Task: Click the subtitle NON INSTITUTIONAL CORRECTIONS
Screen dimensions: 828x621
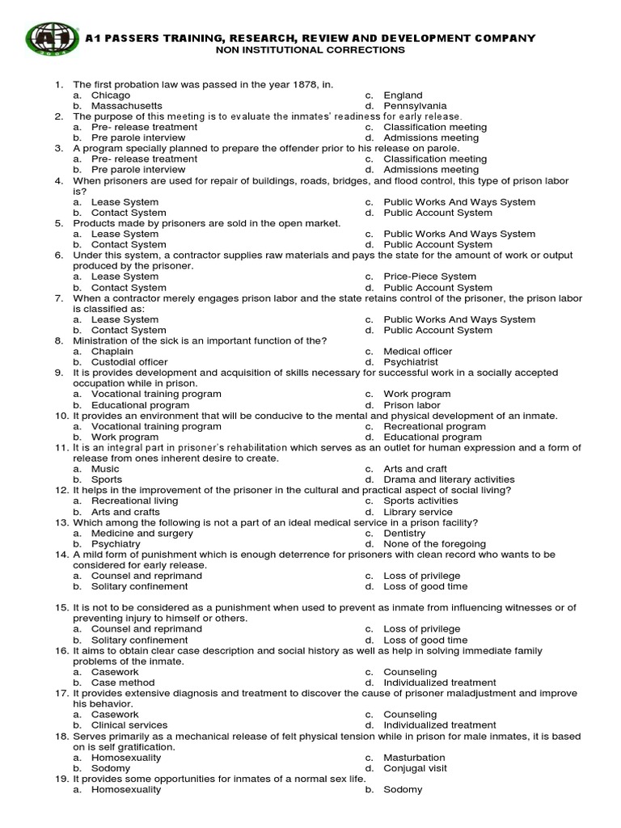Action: point(309,50)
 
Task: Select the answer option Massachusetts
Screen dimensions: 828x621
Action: point(126,106)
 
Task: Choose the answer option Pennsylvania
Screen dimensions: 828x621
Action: point(415,106)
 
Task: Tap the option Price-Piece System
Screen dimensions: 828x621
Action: point(430,277)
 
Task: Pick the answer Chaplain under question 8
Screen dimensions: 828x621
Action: point(112,352)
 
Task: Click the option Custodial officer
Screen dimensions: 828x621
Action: point(129,362)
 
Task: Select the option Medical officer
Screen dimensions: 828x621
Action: point(418,352)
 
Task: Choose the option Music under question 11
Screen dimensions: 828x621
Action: point(105,469)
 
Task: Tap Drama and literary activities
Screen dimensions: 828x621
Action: point(449,479)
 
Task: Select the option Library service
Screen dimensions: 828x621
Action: point(418,512)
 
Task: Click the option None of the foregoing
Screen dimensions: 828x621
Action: point(435,544)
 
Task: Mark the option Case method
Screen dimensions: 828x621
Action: point(121,682)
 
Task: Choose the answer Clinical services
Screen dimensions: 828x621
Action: point(129,725)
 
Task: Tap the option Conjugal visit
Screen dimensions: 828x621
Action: point(415,768)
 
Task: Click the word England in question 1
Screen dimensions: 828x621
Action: point(403,95)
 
